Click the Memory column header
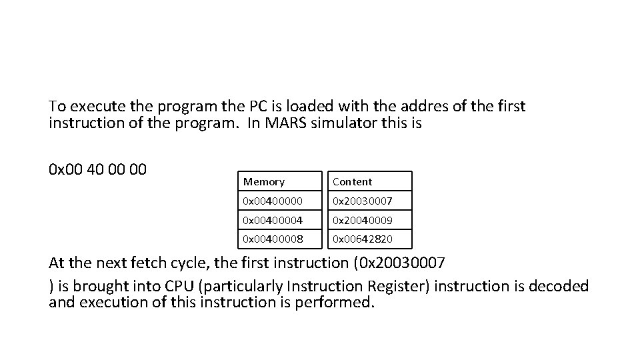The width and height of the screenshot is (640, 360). coord(264,181)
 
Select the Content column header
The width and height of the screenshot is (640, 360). coord(353,181)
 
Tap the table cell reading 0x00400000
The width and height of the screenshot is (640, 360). coord(273,201)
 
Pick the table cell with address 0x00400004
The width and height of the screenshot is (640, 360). coord(273,219)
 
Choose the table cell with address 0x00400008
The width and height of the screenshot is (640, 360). coord(273,239)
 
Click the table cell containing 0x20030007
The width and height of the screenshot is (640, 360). coord(363,201)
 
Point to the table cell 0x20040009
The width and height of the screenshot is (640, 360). coord(363,219)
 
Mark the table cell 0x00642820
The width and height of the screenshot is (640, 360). coord(363,239)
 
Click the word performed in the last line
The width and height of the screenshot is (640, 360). coord(339,303)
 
